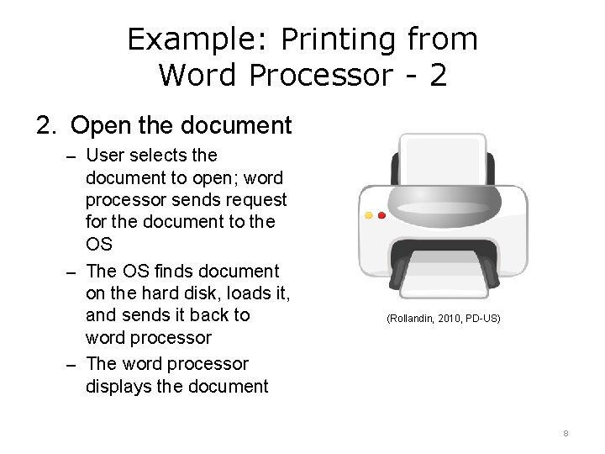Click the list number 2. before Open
tap(46, 126)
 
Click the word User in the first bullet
tap(104, 156)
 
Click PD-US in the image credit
tap(484, 319)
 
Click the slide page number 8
tap(566, 434)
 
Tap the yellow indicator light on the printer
tap(369, 215)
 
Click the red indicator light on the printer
tap(381, 215)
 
